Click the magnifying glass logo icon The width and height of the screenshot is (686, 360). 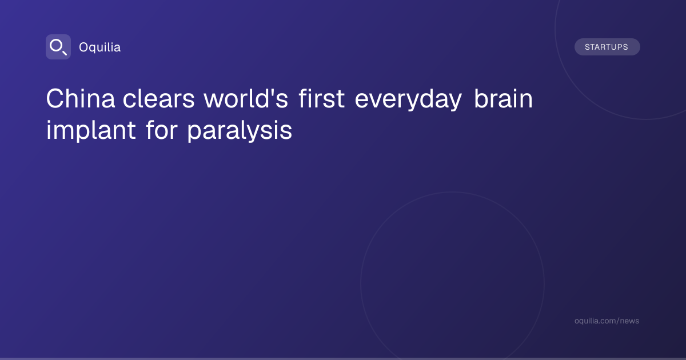(x=58, y=47)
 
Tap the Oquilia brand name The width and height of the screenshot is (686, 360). (x=100, y=47)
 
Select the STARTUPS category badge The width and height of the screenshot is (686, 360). (x=607, y=47)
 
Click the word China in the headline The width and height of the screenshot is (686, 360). (x=81, y=98)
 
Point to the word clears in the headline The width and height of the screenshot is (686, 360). (x=159, y=98)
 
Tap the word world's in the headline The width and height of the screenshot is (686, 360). (x=246, y=98)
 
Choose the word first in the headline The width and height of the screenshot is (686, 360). (x=321, y=98)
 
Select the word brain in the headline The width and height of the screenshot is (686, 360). (x=504, y=98)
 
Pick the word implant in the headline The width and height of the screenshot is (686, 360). (x=91, y=131)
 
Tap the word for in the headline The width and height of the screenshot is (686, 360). (x=162, y=130)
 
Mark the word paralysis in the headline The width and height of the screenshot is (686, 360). (x=240, y=131)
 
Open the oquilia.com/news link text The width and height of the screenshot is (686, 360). (x=607, y=321)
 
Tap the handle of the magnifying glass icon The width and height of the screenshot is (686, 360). (x=65, y=53)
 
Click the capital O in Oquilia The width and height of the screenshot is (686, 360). (x=83, y=47)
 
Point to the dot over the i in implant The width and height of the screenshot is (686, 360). (x=49, y=122)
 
